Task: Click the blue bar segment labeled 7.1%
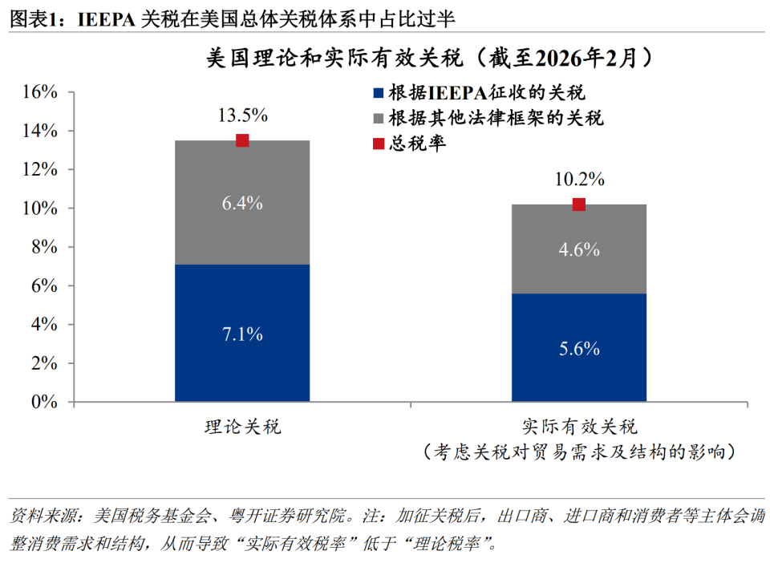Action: coord(242,333)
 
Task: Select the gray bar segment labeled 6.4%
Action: coord(242,203)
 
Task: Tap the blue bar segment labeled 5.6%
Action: coord(579,347)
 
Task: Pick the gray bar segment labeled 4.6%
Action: coord(579,249)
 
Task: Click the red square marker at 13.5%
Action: coord(242,140)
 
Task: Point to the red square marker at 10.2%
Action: coord(579,205)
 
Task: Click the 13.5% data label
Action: coord(242,115)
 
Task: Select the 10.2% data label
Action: coord(579,179)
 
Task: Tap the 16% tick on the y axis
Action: coord(38,92)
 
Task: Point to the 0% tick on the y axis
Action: coord(43,402)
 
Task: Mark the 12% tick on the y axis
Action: coord(38,169)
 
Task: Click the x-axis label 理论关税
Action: coord(242,426)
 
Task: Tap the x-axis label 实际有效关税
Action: coord(579,426)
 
